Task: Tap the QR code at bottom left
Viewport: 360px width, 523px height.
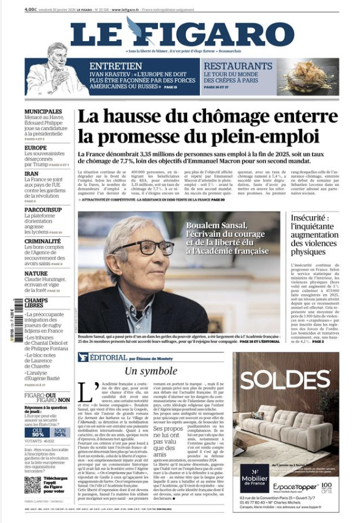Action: (33, 485)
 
